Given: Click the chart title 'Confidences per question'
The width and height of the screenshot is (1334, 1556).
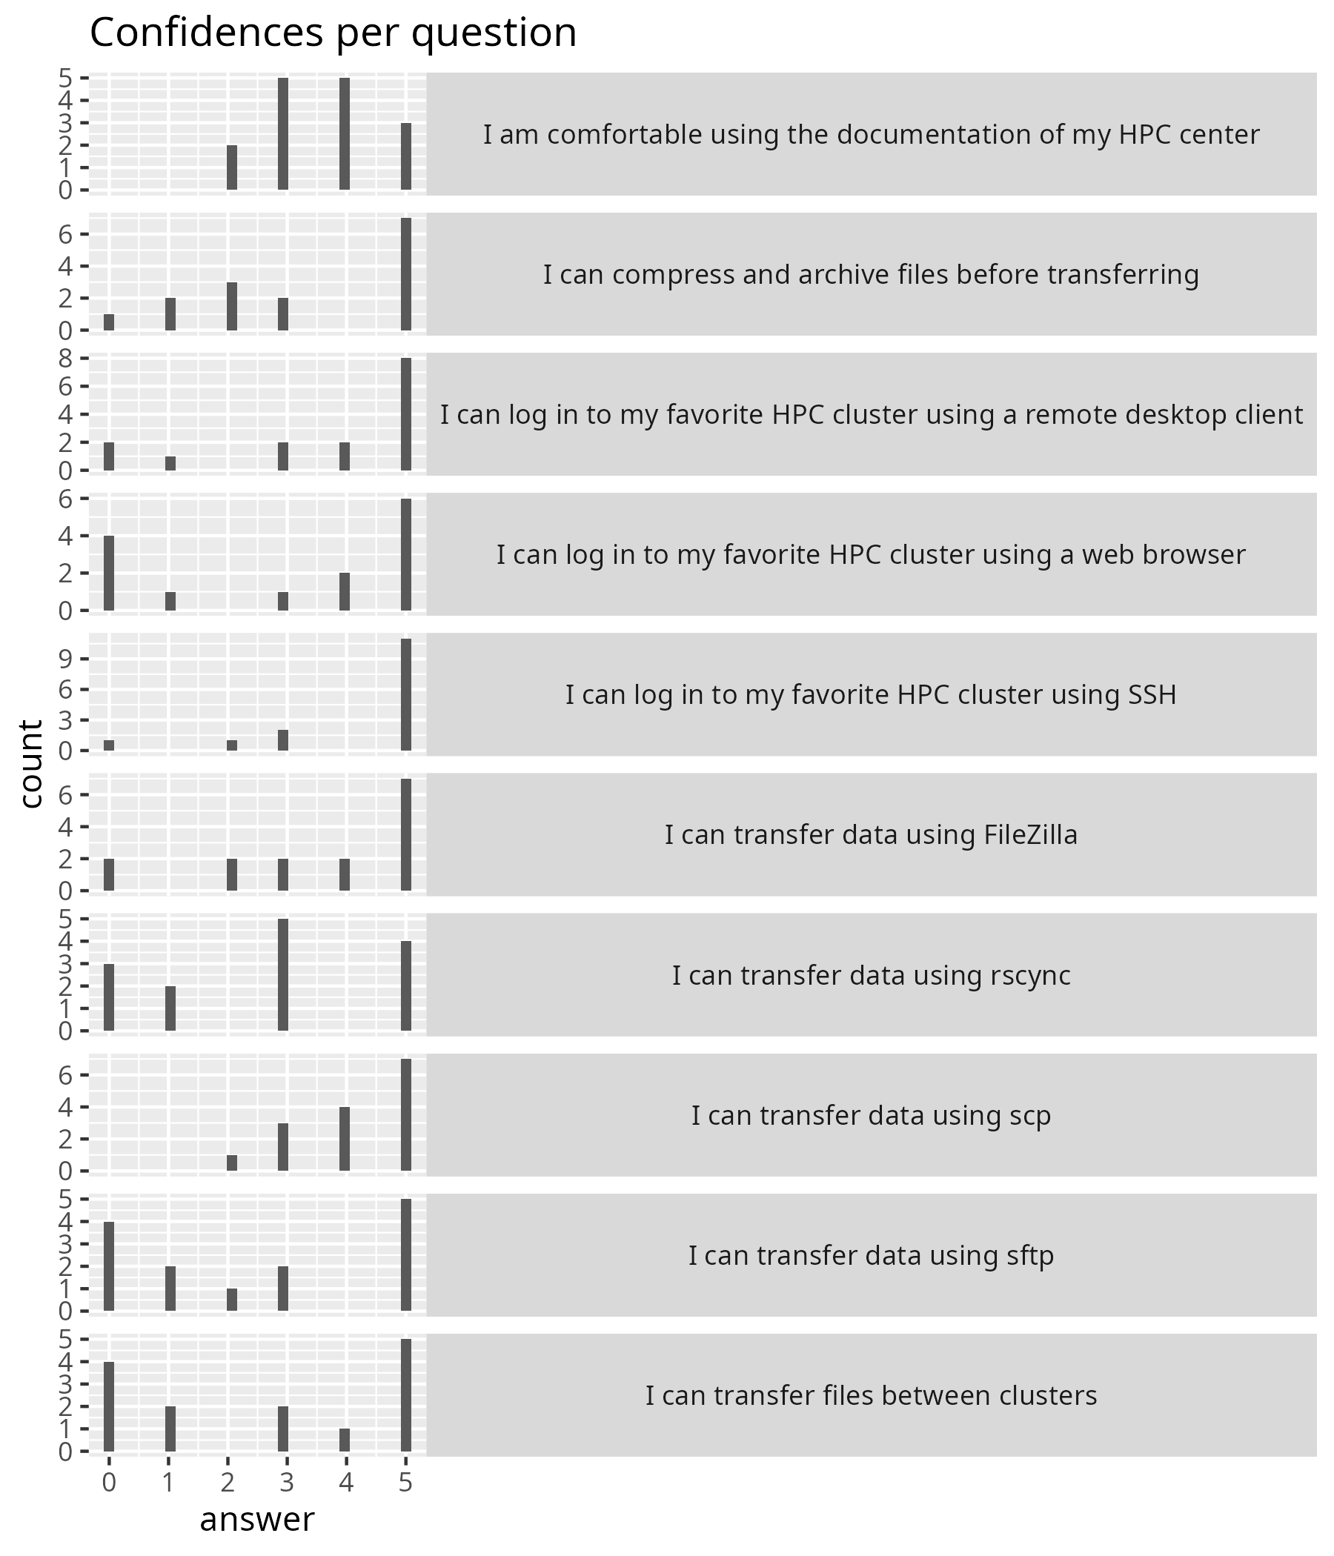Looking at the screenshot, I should point(333,33).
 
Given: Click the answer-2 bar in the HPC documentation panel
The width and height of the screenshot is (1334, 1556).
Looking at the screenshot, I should point(232,167).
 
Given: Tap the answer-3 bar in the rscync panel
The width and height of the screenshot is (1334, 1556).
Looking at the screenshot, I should point(283,974).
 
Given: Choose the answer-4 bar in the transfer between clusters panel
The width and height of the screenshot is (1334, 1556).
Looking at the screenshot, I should point(345,1440).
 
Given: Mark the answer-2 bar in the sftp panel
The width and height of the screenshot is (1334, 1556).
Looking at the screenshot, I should point(232,1300).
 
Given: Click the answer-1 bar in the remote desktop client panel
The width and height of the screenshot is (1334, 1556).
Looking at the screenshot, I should point(170,463).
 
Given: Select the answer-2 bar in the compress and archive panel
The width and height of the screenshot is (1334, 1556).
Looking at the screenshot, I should point(232,307).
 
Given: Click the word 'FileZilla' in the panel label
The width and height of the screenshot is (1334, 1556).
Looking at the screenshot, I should point(1031,834).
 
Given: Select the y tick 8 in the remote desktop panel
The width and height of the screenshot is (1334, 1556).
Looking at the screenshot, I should point(65,358).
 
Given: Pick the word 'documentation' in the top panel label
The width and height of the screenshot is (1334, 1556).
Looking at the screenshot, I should point(895,134).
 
